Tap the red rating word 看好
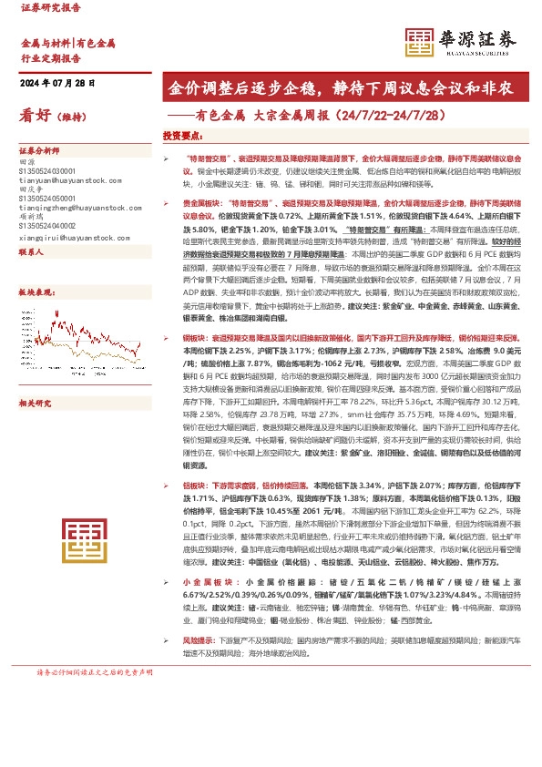coord(37,115)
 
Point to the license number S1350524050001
coord(47,198)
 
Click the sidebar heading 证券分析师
coord(40,149)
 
